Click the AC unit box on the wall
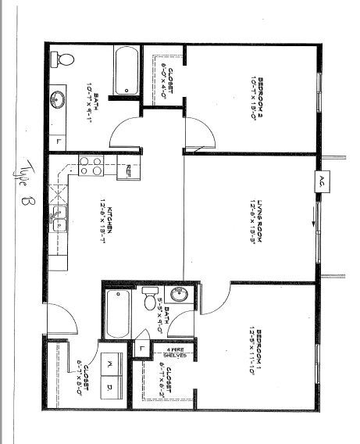click(320, 181)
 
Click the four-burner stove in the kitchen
click(91, 166)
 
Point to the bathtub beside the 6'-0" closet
click(126, 72)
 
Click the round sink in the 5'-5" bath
click(178, 295)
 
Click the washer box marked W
click(109, 366)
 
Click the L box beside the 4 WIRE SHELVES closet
click(144, 346)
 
